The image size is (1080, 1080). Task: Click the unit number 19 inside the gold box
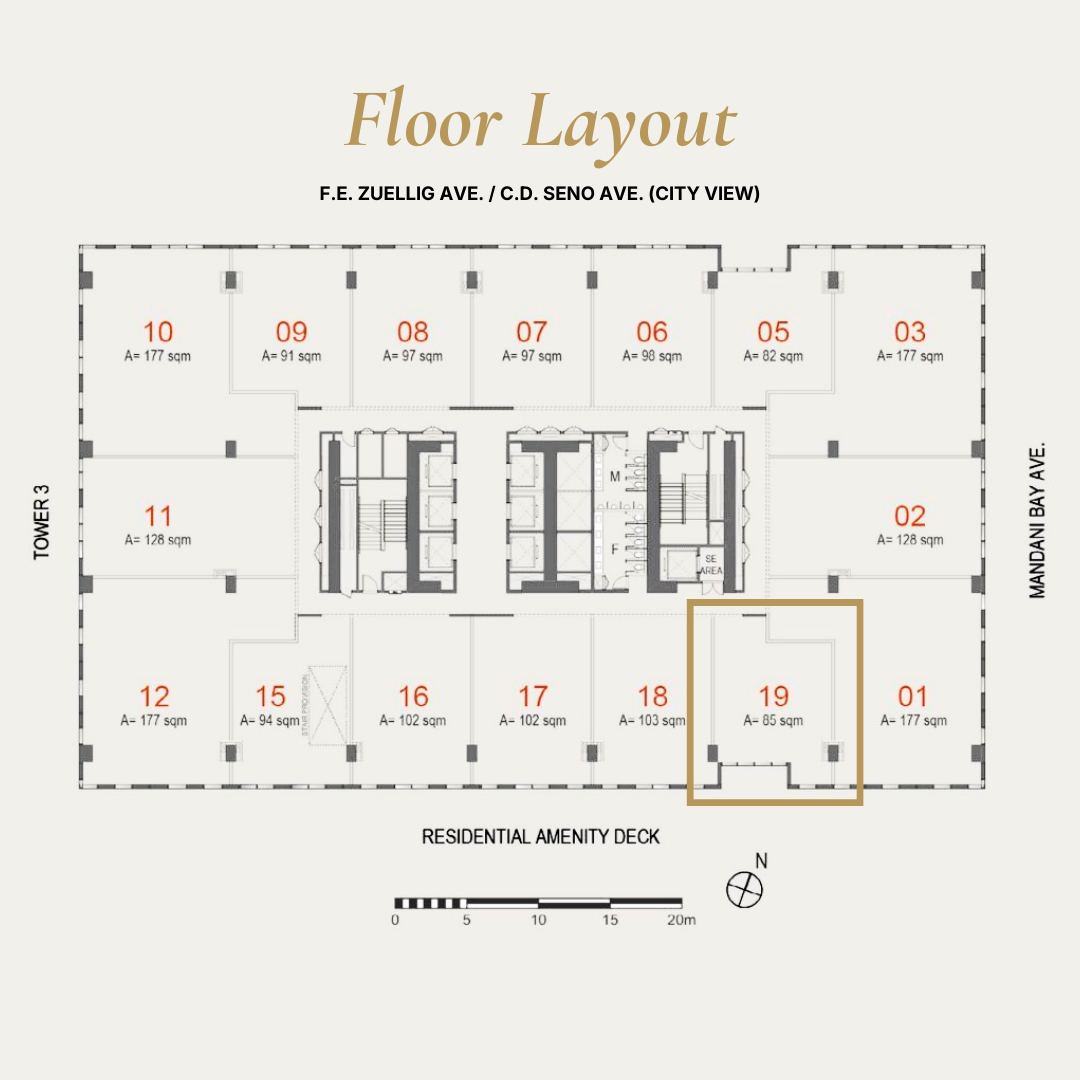[x=774, y=695]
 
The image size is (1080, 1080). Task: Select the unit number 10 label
[x=158, y=331]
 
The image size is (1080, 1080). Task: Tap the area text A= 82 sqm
[x=773, y=356]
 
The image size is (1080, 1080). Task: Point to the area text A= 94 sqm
[x=270, y=720]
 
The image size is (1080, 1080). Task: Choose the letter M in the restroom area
[x=615, y=477]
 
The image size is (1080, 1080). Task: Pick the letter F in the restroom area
[x=615, y=548]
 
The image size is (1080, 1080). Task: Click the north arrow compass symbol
[x=745, y=888]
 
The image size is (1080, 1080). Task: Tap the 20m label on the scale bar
[x=680, y=920]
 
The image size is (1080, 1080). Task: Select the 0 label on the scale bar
[x=396, y=920]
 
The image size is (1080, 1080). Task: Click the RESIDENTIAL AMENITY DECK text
[x=540, y=836]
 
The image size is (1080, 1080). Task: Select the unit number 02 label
[x=910, y=516]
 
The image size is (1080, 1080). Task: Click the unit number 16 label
[x=413, y=695]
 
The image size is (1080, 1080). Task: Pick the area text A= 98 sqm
[x=652, y=356]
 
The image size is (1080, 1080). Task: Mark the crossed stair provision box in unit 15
[x=327, y=706]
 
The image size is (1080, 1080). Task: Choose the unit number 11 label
[x=158, y=516]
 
